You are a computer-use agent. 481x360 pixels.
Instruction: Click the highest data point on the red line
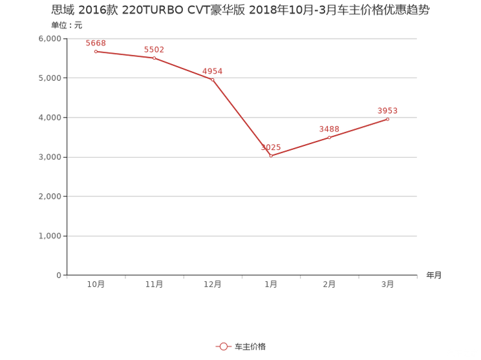click(x=96, y=51)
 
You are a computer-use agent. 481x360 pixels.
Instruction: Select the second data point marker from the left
click(x=154, y=58)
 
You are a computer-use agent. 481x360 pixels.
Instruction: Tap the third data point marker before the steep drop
click(x=211, y=79)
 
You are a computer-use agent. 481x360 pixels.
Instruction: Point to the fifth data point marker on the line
click(x=329, y=138)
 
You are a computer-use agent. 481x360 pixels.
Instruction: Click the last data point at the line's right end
click(x=387, y=120)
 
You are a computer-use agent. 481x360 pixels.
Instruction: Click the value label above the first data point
click(x=96, y=43)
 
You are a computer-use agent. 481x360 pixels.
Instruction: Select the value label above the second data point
click(x=155, y=49)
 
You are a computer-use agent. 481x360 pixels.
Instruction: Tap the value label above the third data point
click(x=212, y=70)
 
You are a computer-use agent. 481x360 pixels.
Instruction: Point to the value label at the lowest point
click(x=271, y=147)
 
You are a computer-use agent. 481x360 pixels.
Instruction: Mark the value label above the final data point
click(x=387, y=111)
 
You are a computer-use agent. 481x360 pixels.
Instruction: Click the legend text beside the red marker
click(x=251, y=347)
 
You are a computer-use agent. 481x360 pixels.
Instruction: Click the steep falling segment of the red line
click(x=241, y=117)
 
